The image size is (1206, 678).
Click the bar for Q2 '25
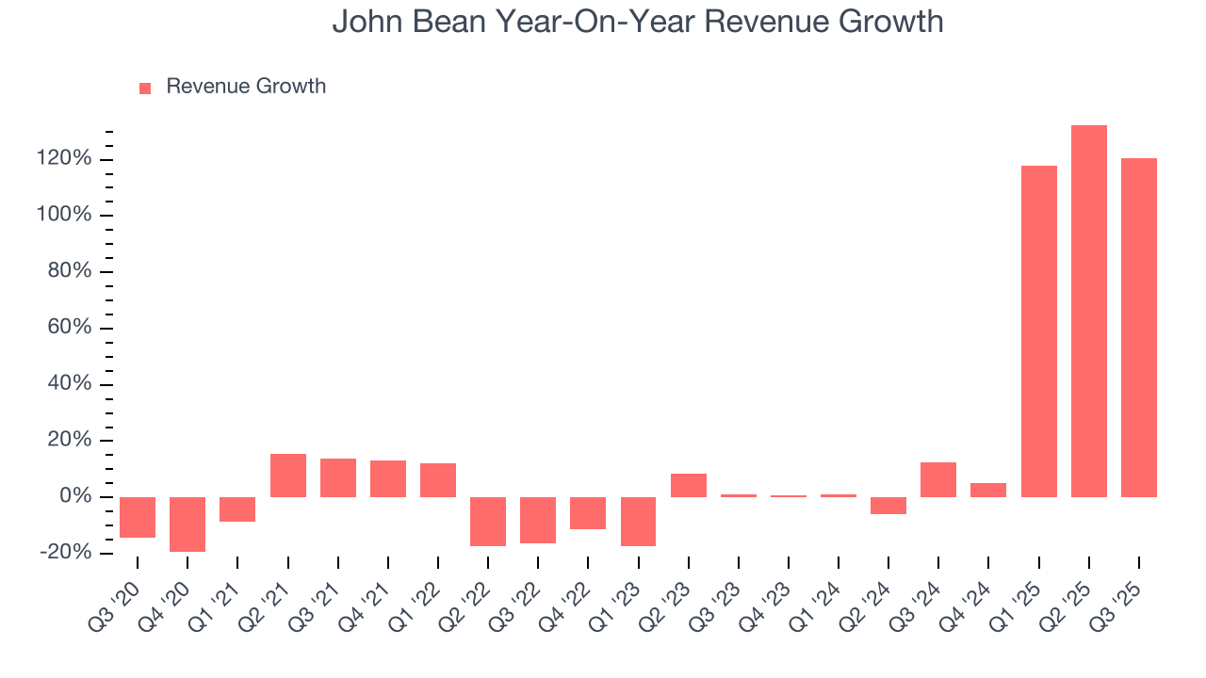(x=1088, y=311)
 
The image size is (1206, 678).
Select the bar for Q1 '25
(x=1038, y=331)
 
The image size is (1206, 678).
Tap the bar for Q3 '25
(x=1138, y=328)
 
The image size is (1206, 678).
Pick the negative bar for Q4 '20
(x=187, y=524)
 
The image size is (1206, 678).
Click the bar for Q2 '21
(x=287, y=476)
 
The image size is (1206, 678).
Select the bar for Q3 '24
(x=938, y=479)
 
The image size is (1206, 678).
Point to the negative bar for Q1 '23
(x=638, y=521)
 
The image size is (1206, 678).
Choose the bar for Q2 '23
(x=688, y=485)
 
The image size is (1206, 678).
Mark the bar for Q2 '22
(x=488, y=521)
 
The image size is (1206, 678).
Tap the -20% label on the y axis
(x=65, y=553)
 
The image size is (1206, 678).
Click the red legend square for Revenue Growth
(x=145, y=88)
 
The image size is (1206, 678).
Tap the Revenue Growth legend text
(x=246, y=87)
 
